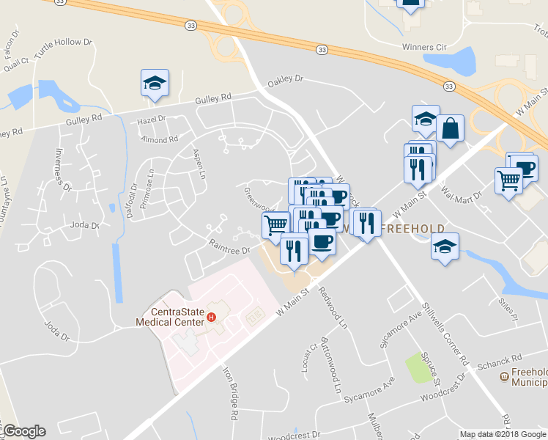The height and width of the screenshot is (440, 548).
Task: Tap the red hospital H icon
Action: pos(211,318)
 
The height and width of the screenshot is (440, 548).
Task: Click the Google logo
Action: pos(24,431)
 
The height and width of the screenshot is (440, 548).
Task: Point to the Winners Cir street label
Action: pos(423,47)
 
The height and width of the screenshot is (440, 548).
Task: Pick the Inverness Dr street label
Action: pos(62,169)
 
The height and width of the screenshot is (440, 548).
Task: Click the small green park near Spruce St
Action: pos(418,367)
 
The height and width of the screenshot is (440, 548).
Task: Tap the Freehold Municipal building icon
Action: pos(504,377)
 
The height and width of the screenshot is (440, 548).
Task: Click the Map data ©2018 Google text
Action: pos(503,434)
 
